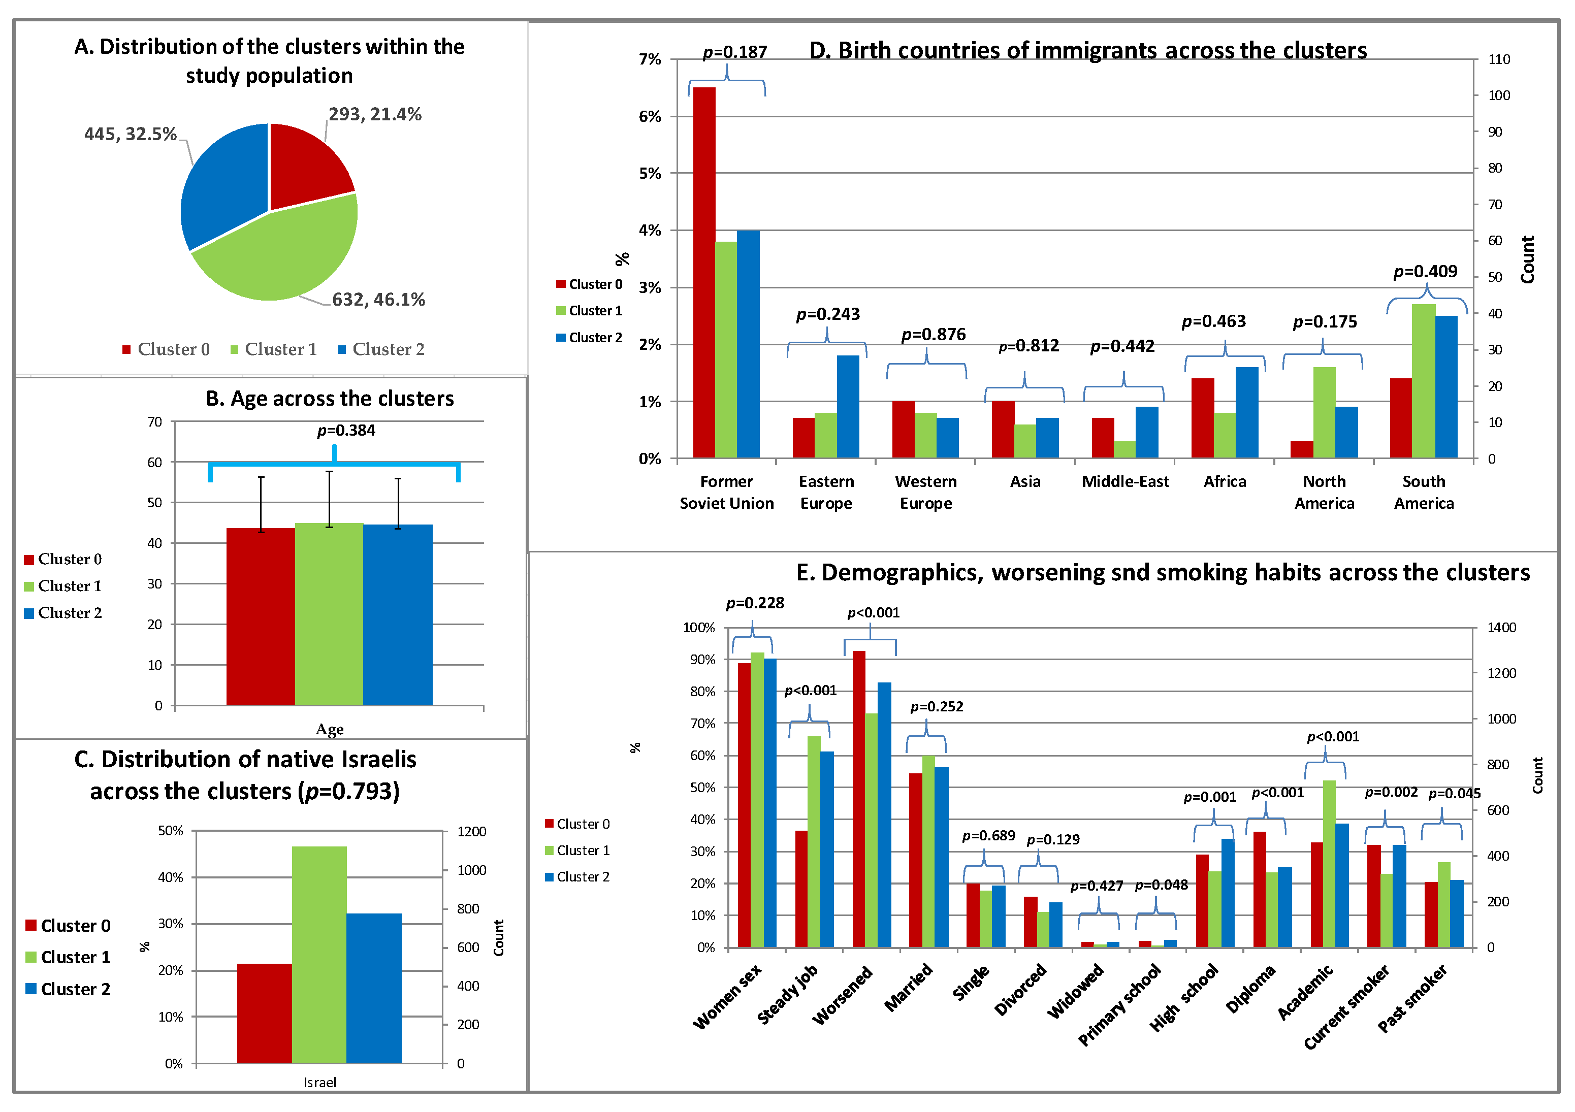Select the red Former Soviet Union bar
point(704,274)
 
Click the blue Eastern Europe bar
point(847,406)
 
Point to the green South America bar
point(1424,381)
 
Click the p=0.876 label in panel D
point(933,334)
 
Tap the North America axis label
point(1324,492)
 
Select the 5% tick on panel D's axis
point(649,174)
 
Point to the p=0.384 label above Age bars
point(346,430)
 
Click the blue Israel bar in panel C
point(374,988)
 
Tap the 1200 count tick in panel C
point(471,831)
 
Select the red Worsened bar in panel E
point(859,799)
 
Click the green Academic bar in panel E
point(1329,864)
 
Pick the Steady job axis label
point(787,995)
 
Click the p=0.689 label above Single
point(988,836)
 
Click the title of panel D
point(1088,50)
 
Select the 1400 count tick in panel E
point(1501,628)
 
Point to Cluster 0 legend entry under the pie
point(166,349)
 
